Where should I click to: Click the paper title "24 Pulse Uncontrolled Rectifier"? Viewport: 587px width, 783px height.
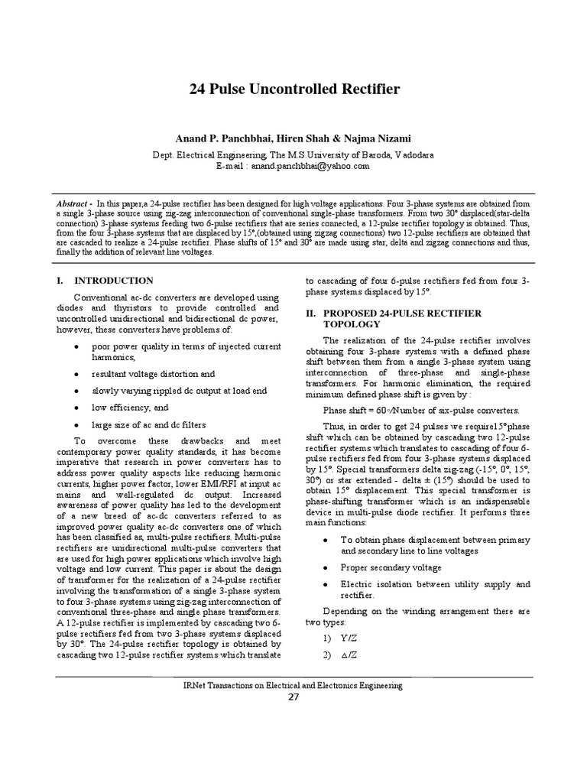[x=294, y=89]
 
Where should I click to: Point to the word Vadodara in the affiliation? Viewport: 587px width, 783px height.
[x=413, y=154]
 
